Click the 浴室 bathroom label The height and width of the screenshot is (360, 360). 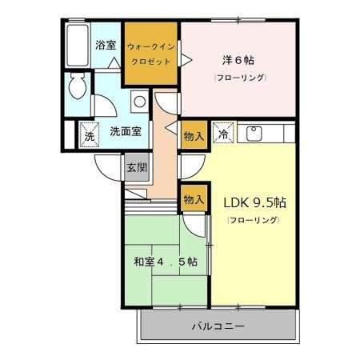104,46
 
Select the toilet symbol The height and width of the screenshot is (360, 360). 78,86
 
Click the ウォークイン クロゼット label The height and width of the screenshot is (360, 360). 150,53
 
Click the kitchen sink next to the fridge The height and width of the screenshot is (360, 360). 255,134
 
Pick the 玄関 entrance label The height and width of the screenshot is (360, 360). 135,167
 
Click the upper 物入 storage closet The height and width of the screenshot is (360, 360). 194,135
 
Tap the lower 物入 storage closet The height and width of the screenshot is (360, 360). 194,197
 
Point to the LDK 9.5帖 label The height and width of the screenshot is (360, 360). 254,202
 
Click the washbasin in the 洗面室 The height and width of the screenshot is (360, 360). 139,102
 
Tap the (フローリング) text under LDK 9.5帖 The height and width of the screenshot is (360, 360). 254,219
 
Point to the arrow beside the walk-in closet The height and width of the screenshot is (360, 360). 186,59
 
